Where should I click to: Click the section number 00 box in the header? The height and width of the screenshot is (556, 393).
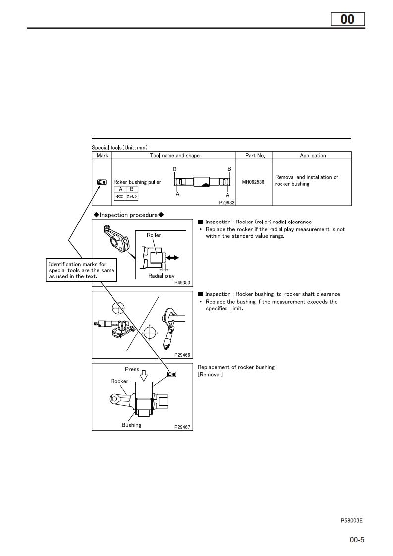(347, 19)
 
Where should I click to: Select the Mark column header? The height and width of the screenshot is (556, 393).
(102, 155)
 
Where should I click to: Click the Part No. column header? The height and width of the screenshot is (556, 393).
(255, 155)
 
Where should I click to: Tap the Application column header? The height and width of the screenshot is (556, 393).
(313, 155)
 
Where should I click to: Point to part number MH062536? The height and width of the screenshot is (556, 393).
(253, 182)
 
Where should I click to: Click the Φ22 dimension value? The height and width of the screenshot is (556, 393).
(119, 197)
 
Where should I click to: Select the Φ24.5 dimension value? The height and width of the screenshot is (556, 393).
(132, 197)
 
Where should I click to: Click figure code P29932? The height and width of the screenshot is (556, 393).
(226, 203)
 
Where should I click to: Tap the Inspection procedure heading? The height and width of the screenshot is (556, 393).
(128, 215)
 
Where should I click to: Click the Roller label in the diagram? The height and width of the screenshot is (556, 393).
(154, 235)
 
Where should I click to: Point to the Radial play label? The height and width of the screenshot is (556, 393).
(162, 276)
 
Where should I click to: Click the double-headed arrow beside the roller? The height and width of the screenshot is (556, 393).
(172, 258)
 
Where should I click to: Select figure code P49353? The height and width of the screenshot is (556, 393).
(182, 283)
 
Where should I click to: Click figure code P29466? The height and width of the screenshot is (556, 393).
(182, 355)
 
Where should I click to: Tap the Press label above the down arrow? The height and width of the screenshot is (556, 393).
(132, 369)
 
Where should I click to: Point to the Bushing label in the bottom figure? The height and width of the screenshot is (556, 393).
(131, 425)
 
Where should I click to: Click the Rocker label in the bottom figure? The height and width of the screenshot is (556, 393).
(119, 381)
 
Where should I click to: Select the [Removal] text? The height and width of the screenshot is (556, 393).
(210, 374)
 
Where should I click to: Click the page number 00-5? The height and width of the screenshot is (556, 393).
(357, 540)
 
